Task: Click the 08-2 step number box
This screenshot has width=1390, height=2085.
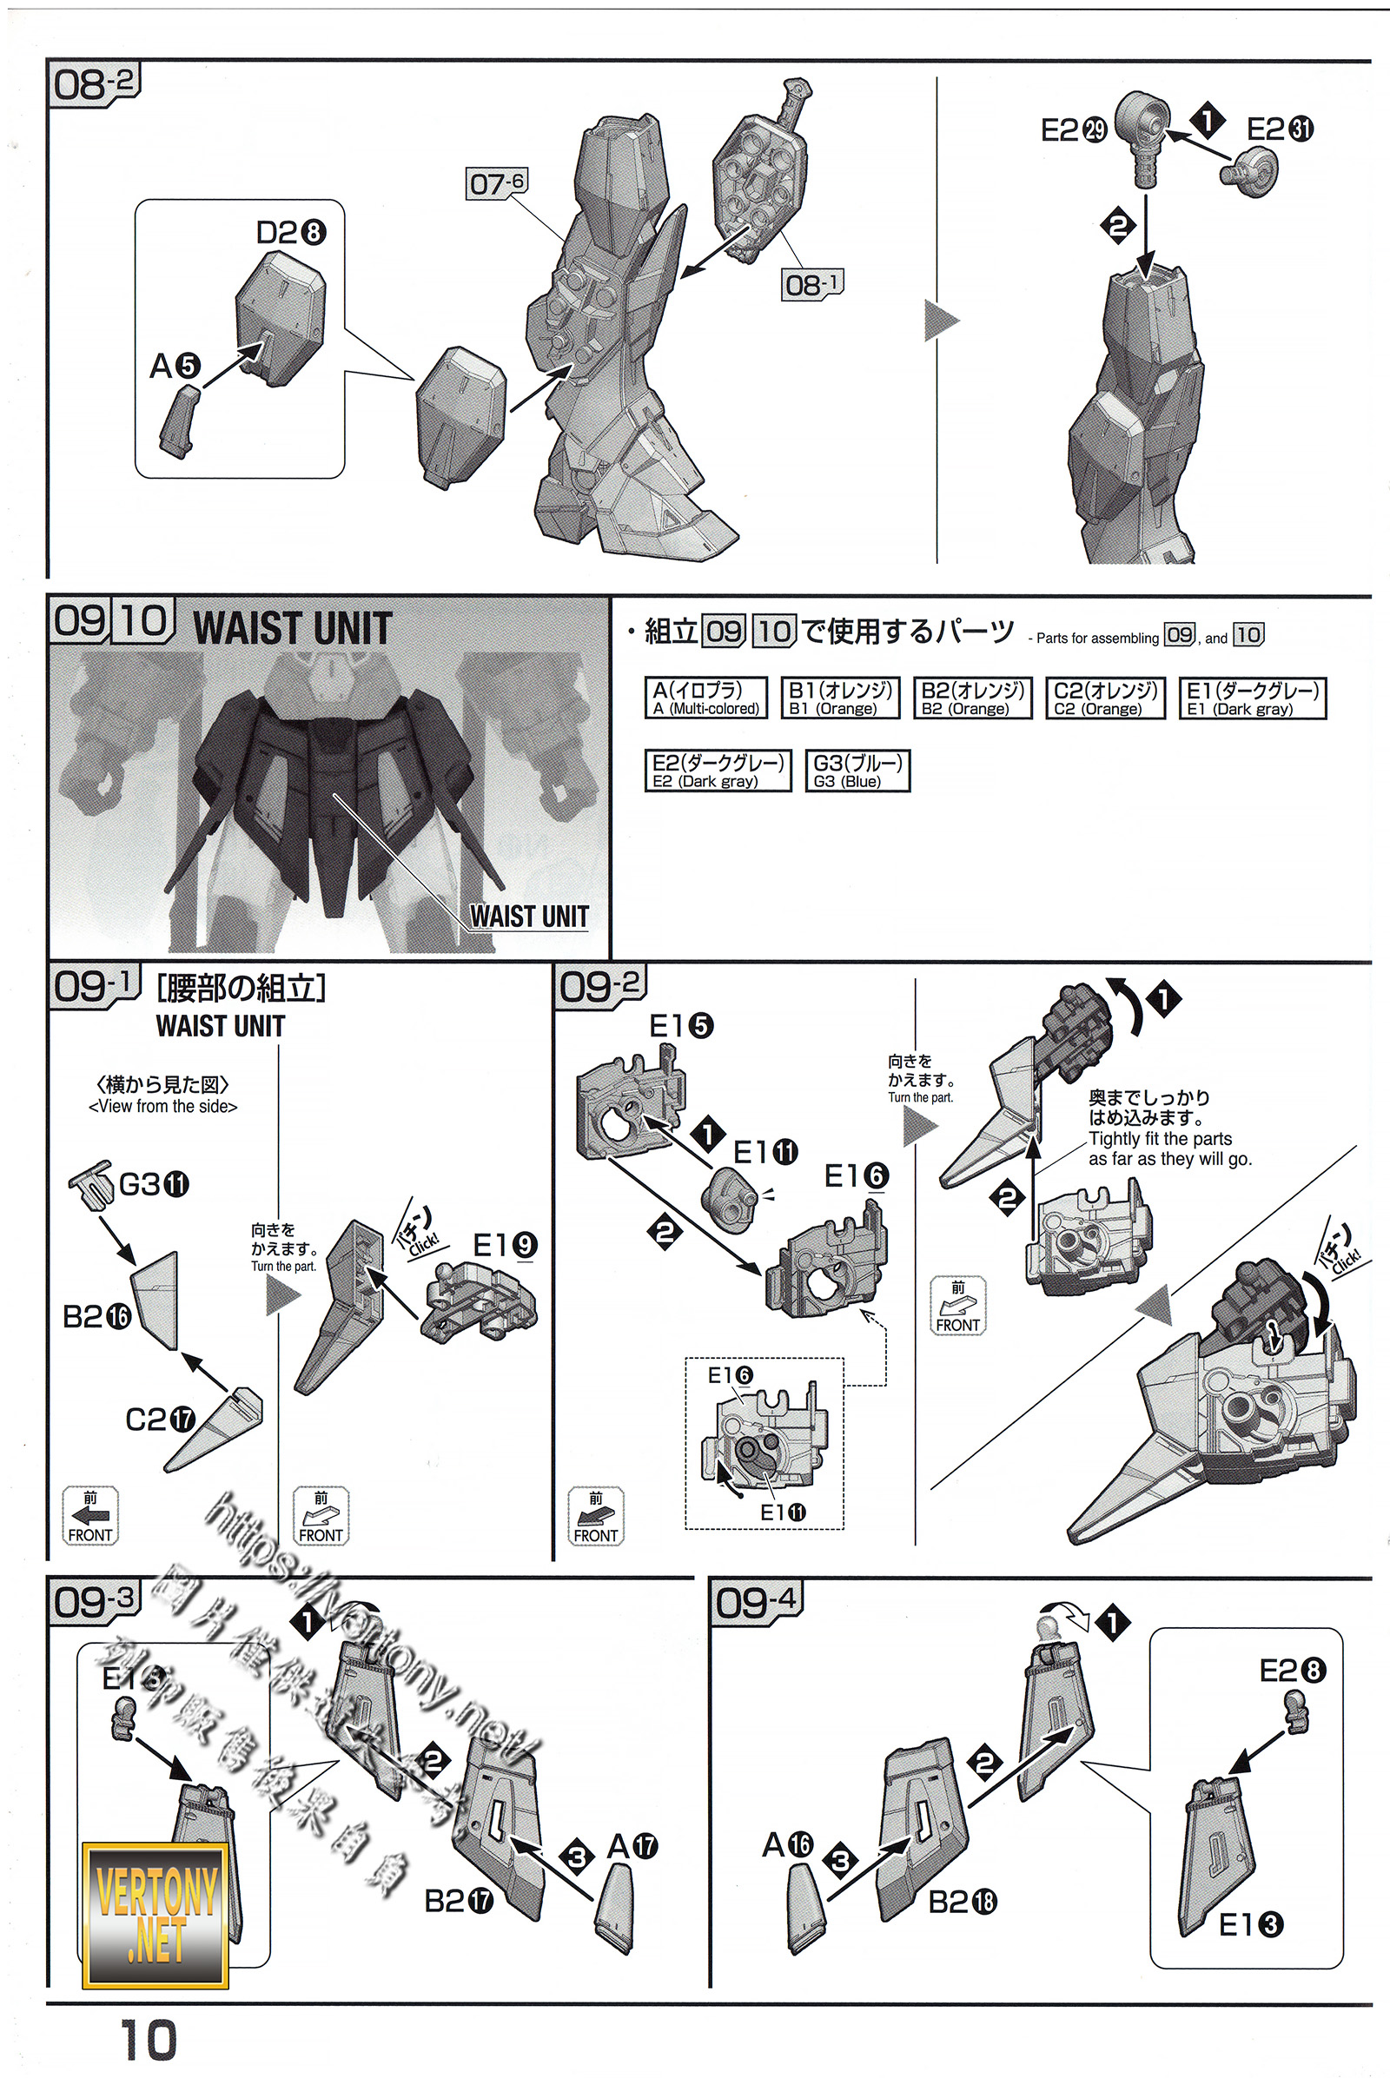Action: coord(93,84)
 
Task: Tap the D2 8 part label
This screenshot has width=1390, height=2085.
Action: coord(290,232)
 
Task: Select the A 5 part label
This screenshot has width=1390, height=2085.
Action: coord(175,365)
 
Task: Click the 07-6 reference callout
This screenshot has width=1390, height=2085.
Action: coord(496,183)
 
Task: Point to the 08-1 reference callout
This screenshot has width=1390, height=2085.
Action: coord(811,285)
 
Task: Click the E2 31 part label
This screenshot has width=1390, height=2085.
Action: coord(1279,129)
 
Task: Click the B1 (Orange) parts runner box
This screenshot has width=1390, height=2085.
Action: coord(839,698)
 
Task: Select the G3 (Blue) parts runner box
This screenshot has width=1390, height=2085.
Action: coord(857,771)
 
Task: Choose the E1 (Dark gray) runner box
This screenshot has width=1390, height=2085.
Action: coord(1252,698)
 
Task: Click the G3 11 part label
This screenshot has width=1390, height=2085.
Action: coord(154,1184)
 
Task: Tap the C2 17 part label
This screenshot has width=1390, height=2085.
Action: coord(160,1420)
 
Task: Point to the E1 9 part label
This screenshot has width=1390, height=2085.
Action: coord(505,1245)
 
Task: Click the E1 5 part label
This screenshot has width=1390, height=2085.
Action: coord(681,1026)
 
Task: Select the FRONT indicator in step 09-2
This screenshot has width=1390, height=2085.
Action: coord(596,1516)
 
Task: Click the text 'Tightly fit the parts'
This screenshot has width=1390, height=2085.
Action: coord(1160,1138)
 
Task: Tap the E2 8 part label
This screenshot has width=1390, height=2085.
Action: coord(1292,1671)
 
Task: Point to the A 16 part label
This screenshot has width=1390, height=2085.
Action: coord(787,1843)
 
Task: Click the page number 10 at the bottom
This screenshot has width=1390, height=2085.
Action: coord(148,2040)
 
